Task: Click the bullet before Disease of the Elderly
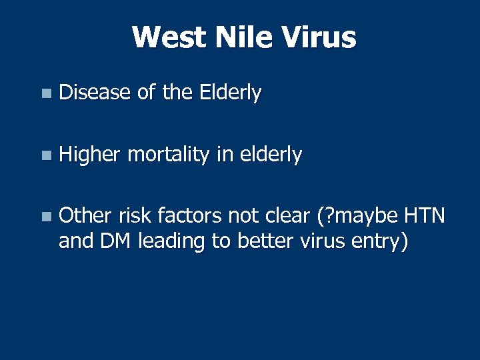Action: tap(45, 95)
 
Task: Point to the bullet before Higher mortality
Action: tap(45, 157)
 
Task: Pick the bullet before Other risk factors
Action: tap(45, 217)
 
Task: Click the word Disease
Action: tap(95, 93)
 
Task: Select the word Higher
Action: tap(89, 155)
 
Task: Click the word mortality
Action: tap(168, 155)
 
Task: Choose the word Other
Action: tap(85, 216)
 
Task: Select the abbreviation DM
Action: tap(115, 241)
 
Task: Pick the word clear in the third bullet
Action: tap(277, 216)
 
